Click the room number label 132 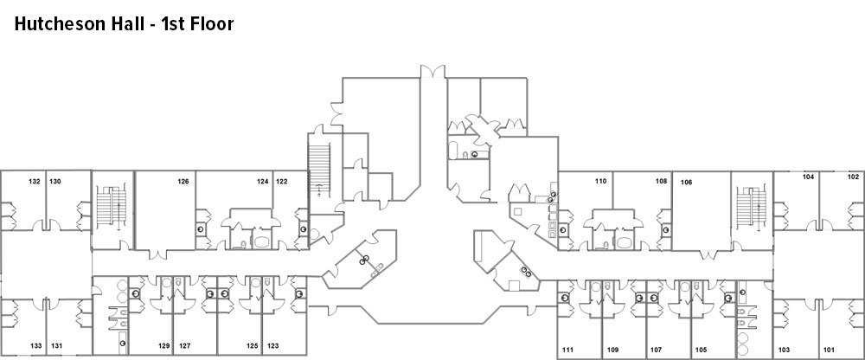point(35,182)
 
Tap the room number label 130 point(54,182)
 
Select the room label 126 point(183,182)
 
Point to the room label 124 point(262,182)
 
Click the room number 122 point(282,182)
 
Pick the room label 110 point(600,182)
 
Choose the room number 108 point(661,182)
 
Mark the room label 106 point(686,182)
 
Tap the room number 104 point(809,177)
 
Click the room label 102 point(853,177)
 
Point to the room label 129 point(163,346)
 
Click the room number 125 point(252,346)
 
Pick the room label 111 point(568,350)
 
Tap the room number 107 point(656,350)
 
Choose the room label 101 point(829,350)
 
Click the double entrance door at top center point(432,69)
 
